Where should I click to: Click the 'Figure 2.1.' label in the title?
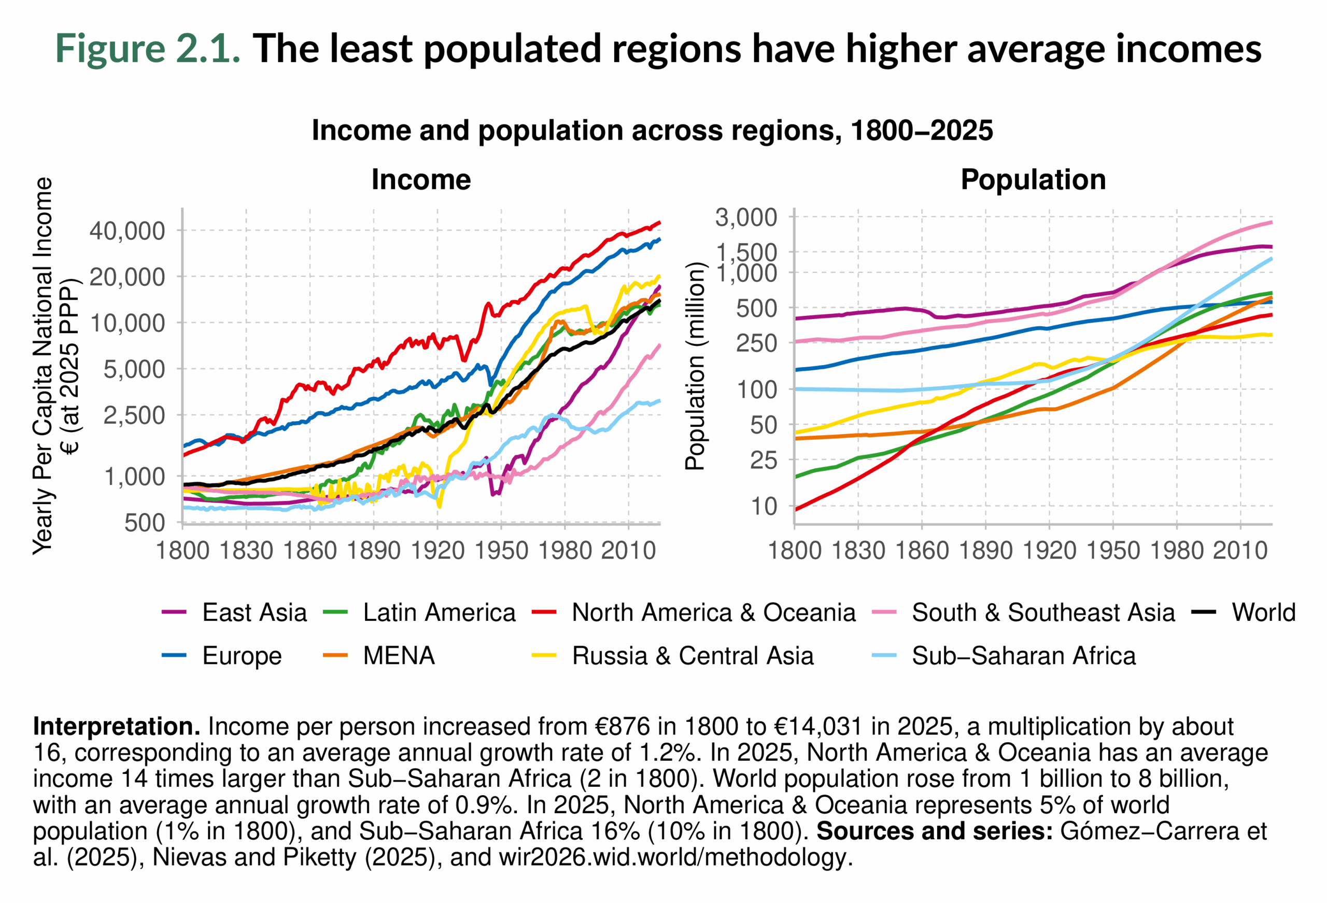[147, 49]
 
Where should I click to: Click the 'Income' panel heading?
[421, 179]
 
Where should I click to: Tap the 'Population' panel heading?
[1033, 179]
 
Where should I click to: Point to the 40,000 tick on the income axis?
[127, 231]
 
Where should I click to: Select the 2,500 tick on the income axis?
[134, 415]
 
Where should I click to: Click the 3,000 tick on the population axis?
[746, 218]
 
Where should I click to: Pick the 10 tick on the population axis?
[764, 506]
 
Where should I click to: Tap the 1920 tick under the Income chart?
[437, 551]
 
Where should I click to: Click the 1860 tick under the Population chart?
[922, 551]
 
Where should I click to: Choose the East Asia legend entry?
[254, 612]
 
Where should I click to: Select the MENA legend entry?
[399, 656]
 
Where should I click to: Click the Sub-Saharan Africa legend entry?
[1023, 656]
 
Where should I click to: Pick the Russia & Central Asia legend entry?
[692, 656]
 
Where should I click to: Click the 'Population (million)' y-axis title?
[695, 366]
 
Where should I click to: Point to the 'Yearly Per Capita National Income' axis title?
[43, 366]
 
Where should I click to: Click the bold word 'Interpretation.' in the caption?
[117, 727]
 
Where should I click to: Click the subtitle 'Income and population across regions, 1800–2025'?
[652, 130]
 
